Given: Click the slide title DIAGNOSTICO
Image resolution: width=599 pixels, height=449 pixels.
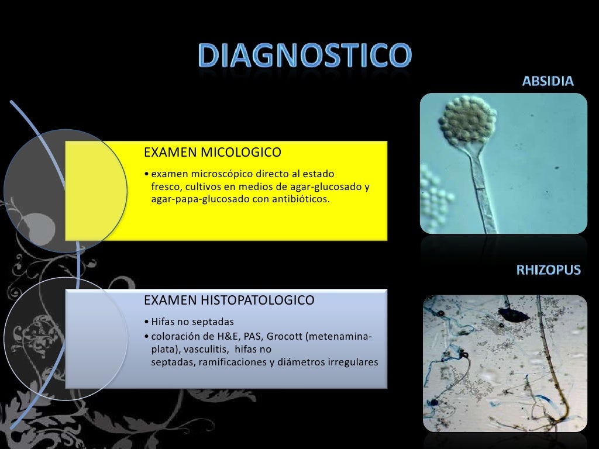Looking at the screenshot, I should click(x=304, y=57).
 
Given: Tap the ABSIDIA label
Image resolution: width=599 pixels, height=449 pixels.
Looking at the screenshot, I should click(x=548, y=81).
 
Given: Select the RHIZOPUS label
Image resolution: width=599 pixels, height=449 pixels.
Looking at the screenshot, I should click(x=548, y=270).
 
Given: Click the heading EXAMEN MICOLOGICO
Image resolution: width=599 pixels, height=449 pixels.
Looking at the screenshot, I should click(x=212, y=153).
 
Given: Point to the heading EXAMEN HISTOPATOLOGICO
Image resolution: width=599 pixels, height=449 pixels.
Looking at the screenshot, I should click(x=229, y=301).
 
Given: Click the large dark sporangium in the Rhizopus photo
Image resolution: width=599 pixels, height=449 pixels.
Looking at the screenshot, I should click(x=515, y=316).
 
